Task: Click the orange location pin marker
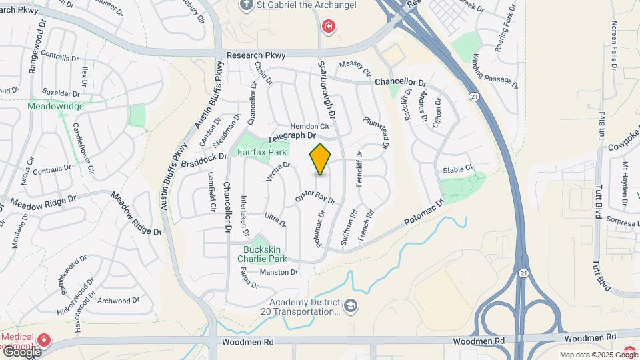click(x=320, y=160)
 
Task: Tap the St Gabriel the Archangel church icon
click(x=247, y=5)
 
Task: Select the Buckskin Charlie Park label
click(x=265, y=254)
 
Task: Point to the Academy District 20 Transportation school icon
click(x=352, y=306)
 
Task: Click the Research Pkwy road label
click(x=256, y=56)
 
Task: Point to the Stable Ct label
click(x=457, y=169)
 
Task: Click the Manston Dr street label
click(x=278, y=272)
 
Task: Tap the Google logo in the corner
click(x=21, y=351)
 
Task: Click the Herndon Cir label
click(x=309, y=127)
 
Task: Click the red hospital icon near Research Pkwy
click(x=329, y=27)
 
